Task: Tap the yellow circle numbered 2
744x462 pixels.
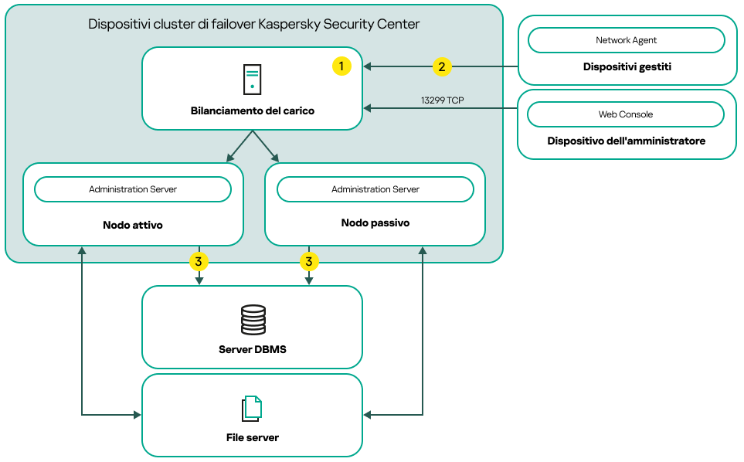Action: [441, 66]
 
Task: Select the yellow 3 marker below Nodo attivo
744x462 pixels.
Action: [199, 262]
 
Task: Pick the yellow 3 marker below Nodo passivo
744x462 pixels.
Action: [309, 262]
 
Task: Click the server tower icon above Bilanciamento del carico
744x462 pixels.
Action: [252, 80]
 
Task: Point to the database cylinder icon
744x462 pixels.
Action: [253, 320]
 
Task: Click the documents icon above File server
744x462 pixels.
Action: [252, 409]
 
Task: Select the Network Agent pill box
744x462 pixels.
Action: [626, 40]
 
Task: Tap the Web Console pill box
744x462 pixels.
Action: [626, 114]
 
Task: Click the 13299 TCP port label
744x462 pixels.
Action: [442, 100]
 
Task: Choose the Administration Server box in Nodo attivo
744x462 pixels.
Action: [133, 189]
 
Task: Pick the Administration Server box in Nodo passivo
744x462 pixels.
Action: [375, 189]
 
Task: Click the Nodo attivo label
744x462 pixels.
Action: [133, 226]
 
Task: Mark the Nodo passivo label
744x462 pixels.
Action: [375, 223]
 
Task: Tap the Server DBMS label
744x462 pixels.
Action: [253, 349]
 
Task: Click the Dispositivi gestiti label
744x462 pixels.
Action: [627, 67]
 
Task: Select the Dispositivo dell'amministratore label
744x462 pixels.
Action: [627, 141]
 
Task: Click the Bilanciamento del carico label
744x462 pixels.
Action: [253, 111]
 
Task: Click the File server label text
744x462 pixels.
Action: [253, 437]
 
